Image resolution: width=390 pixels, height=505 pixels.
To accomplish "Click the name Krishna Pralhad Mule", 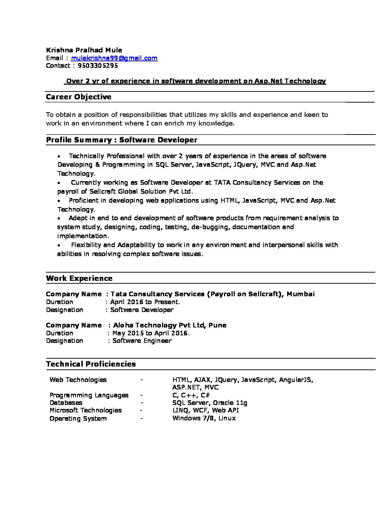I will [x=84, y=50].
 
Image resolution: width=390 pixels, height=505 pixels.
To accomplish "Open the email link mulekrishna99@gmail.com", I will [x=114, y=58].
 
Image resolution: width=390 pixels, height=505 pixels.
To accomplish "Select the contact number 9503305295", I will [x=98, y=66].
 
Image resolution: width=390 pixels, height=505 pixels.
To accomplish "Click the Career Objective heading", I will [x=79, y=97].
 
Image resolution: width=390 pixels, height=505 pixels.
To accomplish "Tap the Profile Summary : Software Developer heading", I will [x=122, y=140].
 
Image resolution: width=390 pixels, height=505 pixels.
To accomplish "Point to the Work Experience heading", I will [x=79, y=278].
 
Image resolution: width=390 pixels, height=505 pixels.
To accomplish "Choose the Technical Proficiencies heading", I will [x=91, y=364].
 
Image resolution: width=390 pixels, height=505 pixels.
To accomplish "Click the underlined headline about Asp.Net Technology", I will [x=196, y=81].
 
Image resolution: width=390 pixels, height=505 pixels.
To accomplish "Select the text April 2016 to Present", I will [x=145, y=302].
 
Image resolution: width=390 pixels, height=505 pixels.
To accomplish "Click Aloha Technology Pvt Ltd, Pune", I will [x=170, y=325].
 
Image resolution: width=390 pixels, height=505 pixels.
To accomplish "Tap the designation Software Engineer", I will [x=142, y=341].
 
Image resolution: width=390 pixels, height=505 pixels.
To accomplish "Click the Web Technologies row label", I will [x=78, y=380].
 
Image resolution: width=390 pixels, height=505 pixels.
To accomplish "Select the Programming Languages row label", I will [x=89, y=395].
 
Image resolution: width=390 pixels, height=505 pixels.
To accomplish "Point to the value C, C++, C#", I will [x=191, y=395].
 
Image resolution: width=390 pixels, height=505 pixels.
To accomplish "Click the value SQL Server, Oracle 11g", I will [x=210, y=403].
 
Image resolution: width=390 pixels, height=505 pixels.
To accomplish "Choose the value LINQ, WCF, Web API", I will [x=205, y=410].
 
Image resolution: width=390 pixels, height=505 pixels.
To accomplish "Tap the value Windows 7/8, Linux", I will [x=204, y=418].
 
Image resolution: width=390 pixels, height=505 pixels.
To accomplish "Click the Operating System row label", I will [x=78, y=419].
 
